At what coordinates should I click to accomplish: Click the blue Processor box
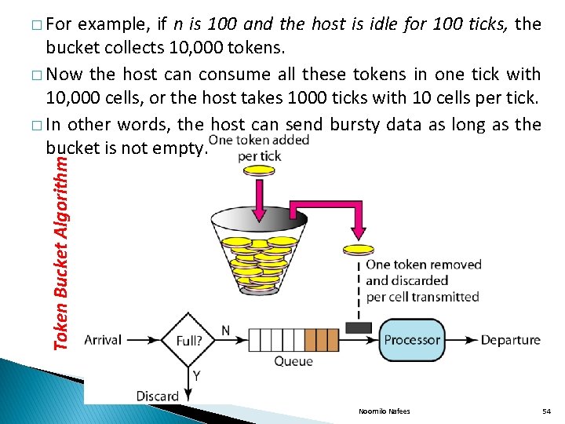click(x=411, y=340)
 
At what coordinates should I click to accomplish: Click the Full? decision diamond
click(x=188, y=341)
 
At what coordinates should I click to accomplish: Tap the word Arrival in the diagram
click(x=103, y=340)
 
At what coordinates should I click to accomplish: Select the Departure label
click(x=510, y=340)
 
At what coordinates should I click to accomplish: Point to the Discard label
click(x=158, y=395)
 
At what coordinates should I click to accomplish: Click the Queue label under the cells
click(x=293, y=362)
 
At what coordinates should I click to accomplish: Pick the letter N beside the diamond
click(x=225, y=331)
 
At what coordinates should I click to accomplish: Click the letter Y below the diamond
click(x=195, y=376)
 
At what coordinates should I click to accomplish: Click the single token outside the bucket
click(x=358, y=249)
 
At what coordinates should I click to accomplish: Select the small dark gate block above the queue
click(x=358, y=327)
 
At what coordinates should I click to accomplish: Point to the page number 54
click(x=547, y=411)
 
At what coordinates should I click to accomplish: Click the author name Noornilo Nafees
click(x=385, y=411)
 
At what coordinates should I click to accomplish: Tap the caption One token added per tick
click(x=259, y=148)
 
